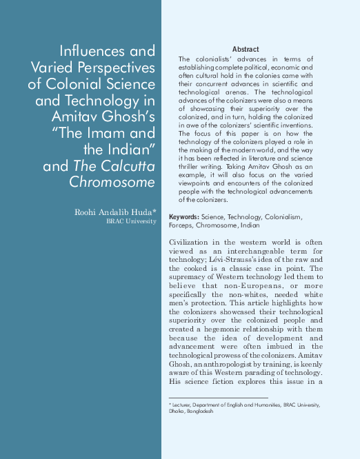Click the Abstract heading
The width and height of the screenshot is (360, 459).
point(246,50)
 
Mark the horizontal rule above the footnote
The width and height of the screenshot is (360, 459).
point(218,398)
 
